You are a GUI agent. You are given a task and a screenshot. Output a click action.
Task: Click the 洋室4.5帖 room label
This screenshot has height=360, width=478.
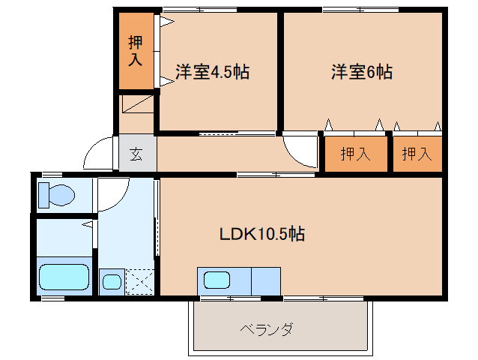213,72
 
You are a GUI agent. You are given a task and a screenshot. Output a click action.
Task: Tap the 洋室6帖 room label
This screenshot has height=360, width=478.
362,72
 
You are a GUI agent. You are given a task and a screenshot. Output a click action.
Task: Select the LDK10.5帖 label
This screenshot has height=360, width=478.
262,234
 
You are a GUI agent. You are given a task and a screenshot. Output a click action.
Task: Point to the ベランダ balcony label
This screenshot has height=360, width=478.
267,329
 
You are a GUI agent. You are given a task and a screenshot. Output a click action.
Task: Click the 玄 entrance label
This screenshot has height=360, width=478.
136,154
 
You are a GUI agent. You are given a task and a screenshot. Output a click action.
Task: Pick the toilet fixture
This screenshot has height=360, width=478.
57,195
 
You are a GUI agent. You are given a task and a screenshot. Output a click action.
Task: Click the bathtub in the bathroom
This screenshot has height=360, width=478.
64,277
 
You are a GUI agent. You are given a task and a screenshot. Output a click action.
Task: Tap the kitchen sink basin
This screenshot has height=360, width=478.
217,280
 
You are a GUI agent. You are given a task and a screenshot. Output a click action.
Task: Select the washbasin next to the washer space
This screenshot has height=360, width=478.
112,282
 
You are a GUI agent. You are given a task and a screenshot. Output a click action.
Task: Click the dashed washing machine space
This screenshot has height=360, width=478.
140,282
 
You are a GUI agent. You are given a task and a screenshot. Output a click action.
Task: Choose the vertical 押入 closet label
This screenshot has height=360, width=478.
136,51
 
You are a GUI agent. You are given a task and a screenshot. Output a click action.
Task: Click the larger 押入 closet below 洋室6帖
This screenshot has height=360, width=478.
356,154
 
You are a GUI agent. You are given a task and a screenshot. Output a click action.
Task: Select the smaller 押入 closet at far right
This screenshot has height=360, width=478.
417,154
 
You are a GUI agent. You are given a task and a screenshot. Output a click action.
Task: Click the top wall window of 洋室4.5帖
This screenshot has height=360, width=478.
200,10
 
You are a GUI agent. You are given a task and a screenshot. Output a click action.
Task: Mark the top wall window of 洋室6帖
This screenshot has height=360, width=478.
360,10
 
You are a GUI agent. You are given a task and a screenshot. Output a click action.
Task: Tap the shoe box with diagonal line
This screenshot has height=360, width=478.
138,103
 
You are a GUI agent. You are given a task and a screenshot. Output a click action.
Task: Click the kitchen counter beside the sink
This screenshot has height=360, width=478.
265,281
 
